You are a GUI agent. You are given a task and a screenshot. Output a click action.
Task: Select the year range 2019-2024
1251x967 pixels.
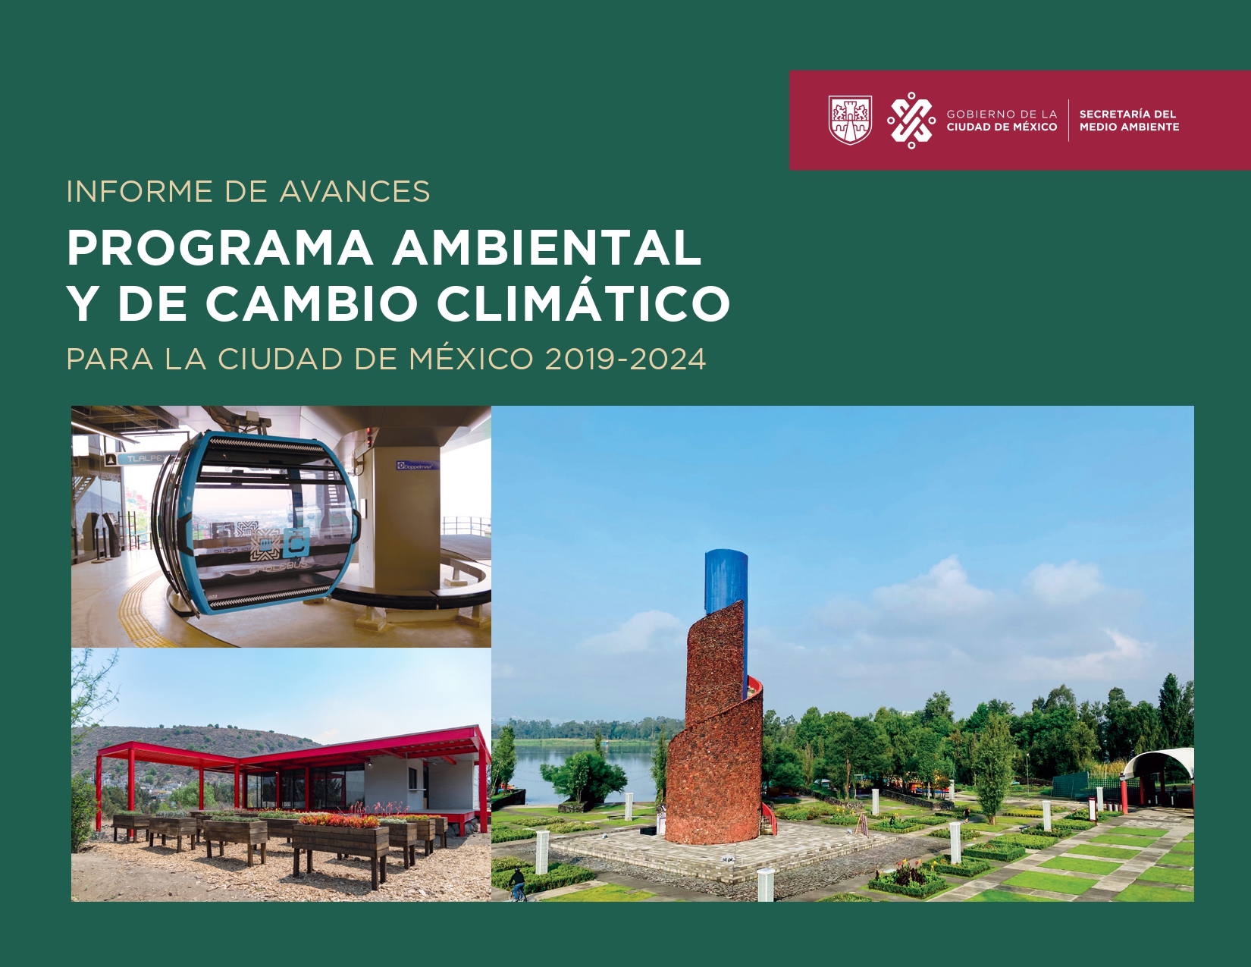pyautogui.click(x=625, y=359)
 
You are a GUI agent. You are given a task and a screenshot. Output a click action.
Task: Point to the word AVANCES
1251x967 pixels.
pyautogui.click(x=355, y=191)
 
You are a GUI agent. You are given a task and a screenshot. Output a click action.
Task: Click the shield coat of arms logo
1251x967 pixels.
pyautogui.click(x=851, y=120)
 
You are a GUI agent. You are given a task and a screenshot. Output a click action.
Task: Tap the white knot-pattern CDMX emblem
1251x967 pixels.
pyautogui.click(x=911, y=121)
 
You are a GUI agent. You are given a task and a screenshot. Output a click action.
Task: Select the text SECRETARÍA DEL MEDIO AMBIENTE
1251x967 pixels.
pyautogui.click(x=1129, y=121)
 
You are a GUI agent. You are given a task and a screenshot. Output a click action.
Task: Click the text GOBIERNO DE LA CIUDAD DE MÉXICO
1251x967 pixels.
pyautogui.click(x=1002, y=121)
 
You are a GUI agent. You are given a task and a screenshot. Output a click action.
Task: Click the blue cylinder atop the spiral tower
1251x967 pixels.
pyautogui.click(x=726, y=582)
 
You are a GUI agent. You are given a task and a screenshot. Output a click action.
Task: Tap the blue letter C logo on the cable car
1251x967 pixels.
pyautogui.click(x=297, y=542)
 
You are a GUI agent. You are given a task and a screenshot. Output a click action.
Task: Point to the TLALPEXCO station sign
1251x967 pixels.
pyautogui.click(x=144, y=459)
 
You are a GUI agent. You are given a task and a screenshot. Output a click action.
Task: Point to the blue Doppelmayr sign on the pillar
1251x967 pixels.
pyautogui.click(x=418, y=465)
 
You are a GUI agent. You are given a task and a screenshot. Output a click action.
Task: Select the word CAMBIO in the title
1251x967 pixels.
pyautogui.click(x=312, y=303)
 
